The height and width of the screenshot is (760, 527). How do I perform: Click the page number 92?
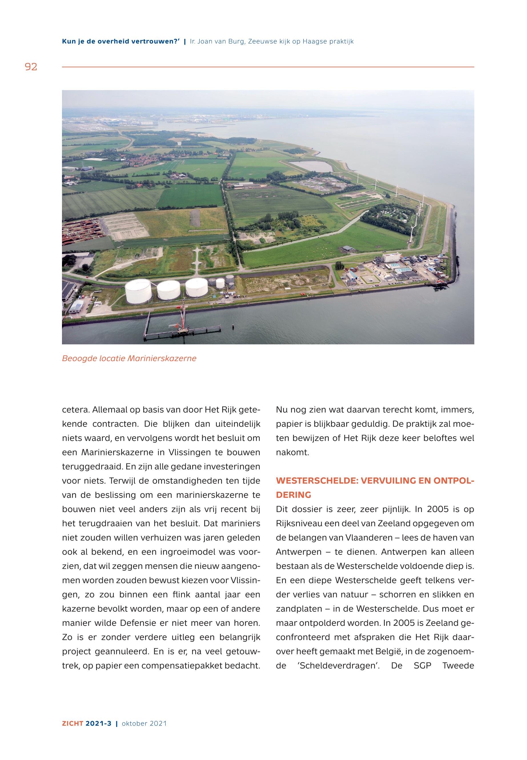pos(31,67)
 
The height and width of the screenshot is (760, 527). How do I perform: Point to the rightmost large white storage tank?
pos(197,287)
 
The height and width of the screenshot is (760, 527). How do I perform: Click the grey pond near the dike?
pos(311,166)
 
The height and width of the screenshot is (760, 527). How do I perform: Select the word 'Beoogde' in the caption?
pos(79,358)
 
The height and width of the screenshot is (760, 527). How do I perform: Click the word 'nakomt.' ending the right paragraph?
pos(292,453)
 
